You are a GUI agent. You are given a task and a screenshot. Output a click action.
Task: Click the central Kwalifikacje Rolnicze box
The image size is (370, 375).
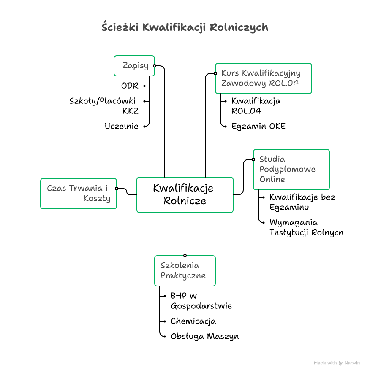click(x=185, y=194)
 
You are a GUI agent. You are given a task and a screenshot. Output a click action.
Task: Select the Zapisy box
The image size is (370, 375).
click(x=134, y=66)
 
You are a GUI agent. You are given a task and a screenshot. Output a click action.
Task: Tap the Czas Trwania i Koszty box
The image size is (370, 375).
click(x=79, y=194)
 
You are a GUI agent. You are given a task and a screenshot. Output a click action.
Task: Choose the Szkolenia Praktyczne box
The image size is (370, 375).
click(x=185, y=271)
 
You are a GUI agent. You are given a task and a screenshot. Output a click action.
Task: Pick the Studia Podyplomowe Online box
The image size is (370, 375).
click(x=291, y=169)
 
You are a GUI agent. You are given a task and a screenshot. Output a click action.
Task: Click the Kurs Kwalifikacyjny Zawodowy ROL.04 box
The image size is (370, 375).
click(x=263, y=78)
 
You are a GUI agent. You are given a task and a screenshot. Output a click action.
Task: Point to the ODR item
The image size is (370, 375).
click(x=130, y=86)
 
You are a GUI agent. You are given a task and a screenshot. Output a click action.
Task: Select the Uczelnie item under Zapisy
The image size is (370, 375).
click(x=122, y=126)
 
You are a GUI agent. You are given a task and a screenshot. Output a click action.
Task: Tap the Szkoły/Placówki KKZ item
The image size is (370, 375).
click(x=103, y=106)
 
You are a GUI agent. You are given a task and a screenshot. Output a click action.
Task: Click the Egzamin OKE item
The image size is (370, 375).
click(x=258, y=126)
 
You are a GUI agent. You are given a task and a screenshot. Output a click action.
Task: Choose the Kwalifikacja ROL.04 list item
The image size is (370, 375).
click(x=256, y=106)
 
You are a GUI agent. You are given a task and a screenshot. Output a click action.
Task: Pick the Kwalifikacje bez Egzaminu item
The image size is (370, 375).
click(x=302, y=202)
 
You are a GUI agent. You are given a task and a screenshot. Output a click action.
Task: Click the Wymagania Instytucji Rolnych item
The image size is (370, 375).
click(x=306, y=227)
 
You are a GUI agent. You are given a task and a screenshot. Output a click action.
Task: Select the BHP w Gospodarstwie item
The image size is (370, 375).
click(x=201, y=301)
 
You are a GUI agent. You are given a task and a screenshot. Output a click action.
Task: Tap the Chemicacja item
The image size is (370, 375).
click(x=193, y=321)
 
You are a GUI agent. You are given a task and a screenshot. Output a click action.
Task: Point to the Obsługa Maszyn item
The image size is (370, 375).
click(x=204, y=336)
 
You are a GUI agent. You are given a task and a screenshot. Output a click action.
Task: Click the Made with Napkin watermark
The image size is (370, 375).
click(x=337, y=363)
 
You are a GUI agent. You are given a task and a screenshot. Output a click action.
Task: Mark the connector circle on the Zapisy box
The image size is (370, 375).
click(x=155, y=66)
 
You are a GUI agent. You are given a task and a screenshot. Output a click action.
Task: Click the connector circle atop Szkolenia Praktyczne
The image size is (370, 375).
click(x=185, y=256)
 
